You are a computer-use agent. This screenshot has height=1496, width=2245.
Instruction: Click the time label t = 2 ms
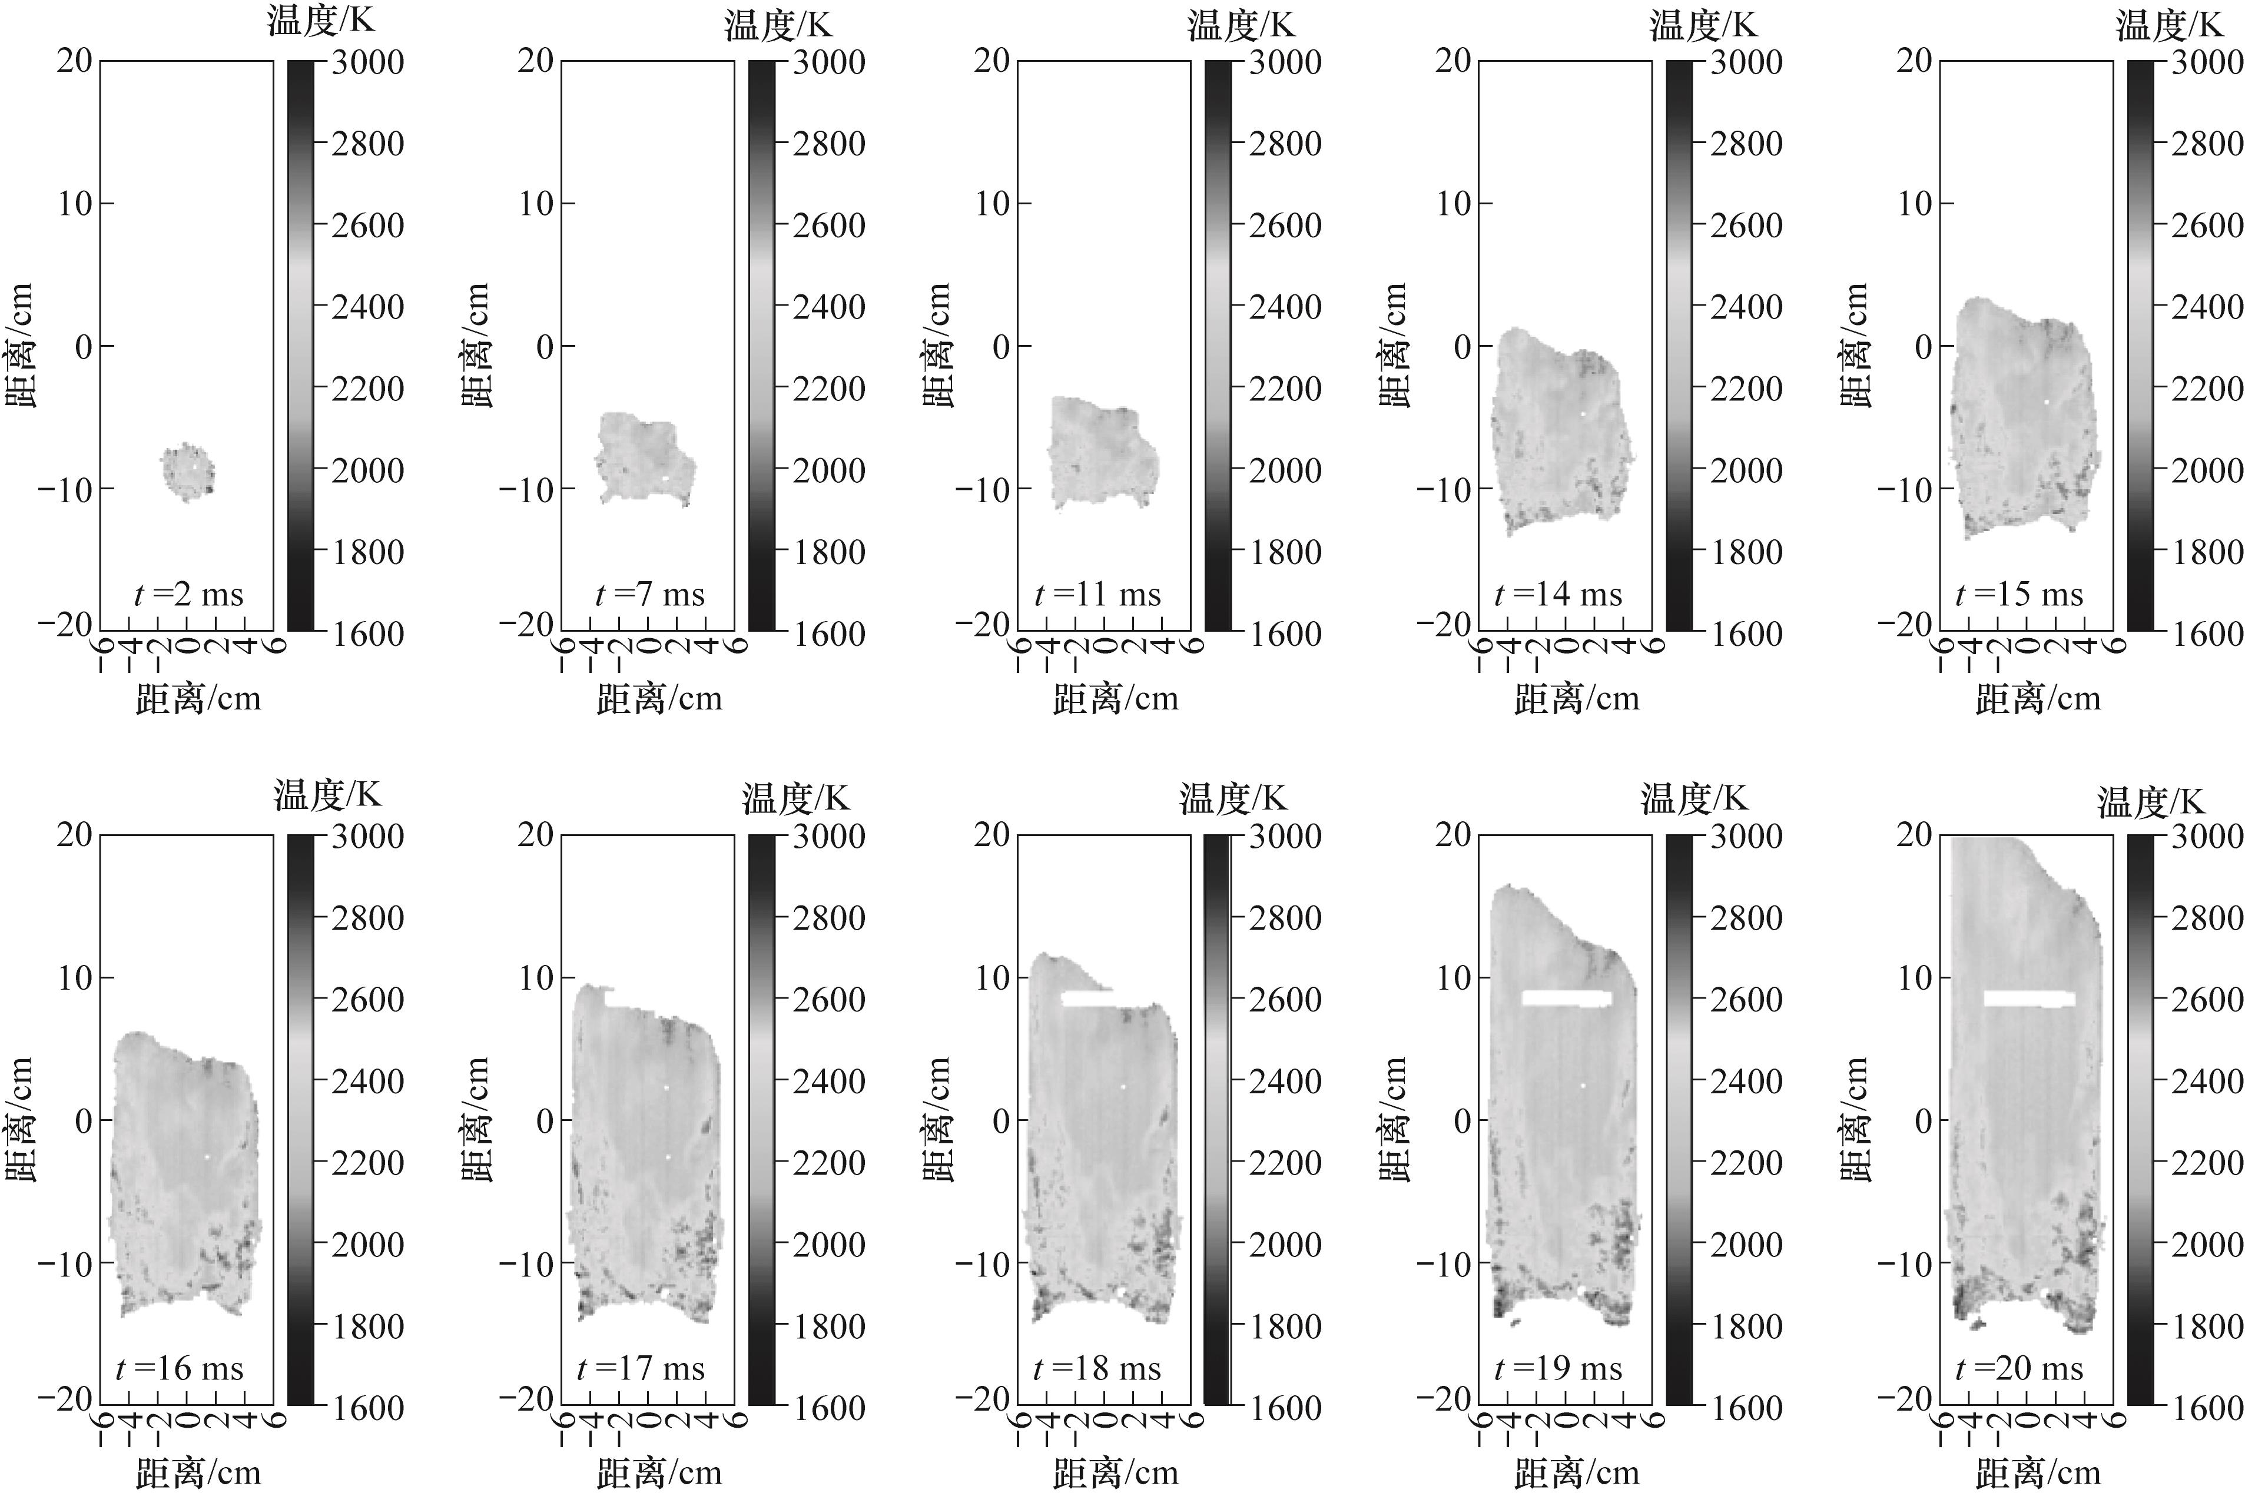(x=189, y=595)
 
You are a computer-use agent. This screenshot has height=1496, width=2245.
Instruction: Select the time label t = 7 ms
(x=650, y=595)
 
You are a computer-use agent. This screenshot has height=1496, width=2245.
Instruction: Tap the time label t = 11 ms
(x=1098, y=595)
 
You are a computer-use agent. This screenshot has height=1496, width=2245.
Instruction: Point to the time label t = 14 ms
(x=1558, y=595)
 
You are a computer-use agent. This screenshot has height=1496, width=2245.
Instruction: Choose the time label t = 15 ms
(x=2019, y=595)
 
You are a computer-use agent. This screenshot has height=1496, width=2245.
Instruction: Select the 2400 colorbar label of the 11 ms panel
(x=1285, y=307)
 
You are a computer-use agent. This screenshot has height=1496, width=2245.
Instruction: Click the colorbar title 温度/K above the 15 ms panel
(x=2168, y=25)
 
